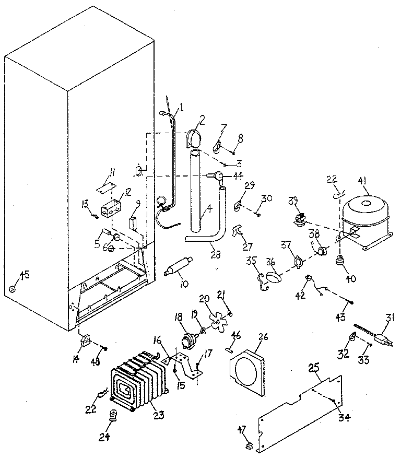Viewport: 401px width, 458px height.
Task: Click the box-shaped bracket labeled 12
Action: (x=111, y=209)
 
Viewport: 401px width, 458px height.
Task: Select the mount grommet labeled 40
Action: (x=341, y=260)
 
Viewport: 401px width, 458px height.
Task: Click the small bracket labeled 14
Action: (x=84, y=340)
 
